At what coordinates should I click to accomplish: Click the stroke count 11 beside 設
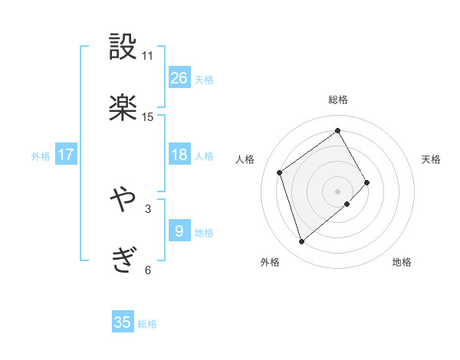[147, 56]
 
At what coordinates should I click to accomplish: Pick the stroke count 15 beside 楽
[147, 117]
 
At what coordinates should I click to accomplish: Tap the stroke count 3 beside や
[147, 208]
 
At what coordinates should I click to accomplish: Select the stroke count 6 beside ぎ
[147, 270]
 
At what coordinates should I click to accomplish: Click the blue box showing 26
[179, 77]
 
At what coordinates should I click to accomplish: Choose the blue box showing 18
[179, 155]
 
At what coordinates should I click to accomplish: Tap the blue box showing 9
[179, 231]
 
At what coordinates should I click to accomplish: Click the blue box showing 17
[66, 155]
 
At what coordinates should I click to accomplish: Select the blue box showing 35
[123, 322]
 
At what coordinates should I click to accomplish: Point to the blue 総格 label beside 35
[147, 324]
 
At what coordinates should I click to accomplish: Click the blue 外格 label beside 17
[41, 156]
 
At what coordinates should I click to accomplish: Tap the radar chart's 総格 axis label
[338, 100]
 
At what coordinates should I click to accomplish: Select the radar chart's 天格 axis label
[431, 159]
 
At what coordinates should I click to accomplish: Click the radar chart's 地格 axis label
[402, 262]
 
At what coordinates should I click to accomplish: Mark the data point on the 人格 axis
[280, 172]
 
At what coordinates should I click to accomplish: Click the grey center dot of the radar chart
[337, 190]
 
